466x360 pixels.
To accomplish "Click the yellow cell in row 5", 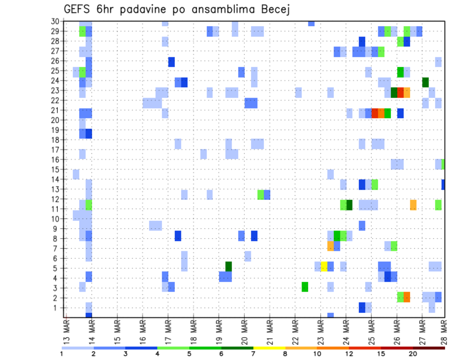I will [x=324, y=266].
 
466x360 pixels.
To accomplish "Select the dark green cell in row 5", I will [x=229, y=266].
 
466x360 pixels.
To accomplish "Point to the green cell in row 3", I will [x=305, y=286].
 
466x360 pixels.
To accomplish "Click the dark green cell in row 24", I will [x=426, y=82].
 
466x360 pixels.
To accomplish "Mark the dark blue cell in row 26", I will [x=171, y=62].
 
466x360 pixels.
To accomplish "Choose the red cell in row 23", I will [x=400, y=92].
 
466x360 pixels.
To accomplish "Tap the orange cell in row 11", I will [x=413, y=205].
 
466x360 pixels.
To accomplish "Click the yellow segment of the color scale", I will [x=269, y=348].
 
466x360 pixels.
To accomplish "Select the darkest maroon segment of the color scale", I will [x=429, y=348].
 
